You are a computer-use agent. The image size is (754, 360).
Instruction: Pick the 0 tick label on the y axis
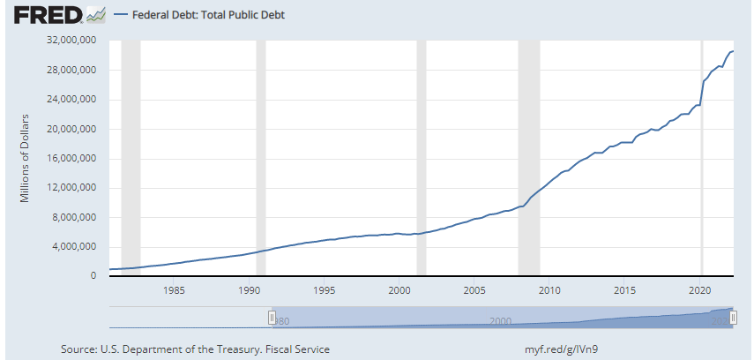(x=93, y=276)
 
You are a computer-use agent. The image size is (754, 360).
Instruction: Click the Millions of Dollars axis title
(x=26, y=158)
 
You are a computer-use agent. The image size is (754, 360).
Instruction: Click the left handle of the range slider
(x=272, y=317)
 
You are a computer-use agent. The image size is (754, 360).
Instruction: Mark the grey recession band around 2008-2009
(x=528, y=158)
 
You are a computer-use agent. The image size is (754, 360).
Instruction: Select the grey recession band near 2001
(x=421, y=158)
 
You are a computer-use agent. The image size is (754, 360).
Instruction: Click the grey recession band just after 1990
(x=260, y=158)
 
